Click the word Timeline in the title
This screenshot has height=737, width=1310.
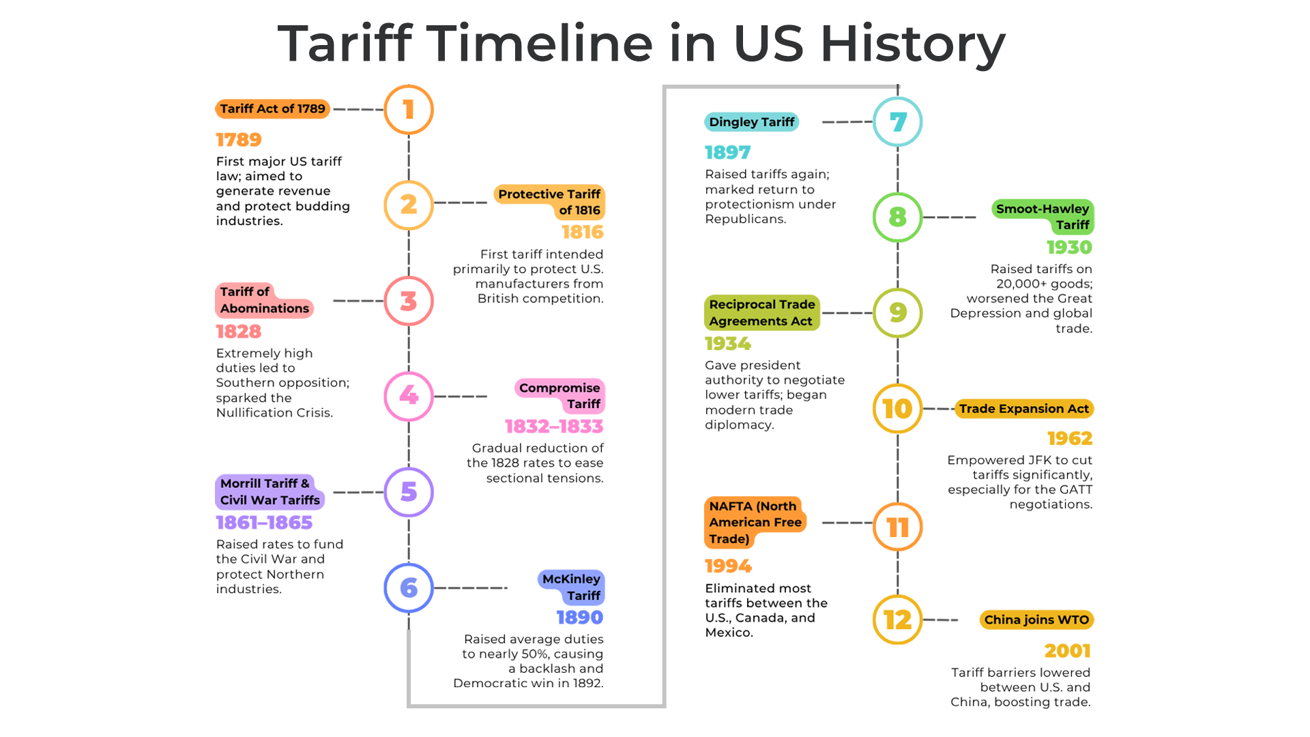pyautogui.click(x=540, y=43)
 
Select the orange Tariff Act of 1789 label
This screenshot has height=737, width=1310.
pyautogui.click(x=272, y=109)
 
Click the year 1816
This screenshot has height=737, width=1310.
pyautogui.click(x=583, y=232)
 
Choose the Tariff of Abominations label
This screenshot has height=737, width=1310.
pyautogui.click(x=264, y=300)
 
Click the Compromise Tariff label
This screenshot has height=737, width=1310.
pyautogui.click(x=559, y=396)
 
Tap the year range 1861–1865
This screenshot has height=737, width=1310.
pyautogui.click(x=264, y=523)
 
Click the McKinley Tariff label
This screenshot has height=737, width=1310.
pyautogui.click(x=571, y=588)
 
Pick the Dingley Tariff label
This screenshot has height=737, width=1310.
pyautogui.click(x=751, y=122)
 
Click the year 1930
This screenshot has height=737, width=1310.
pyautogui.click(x=1070, y=247)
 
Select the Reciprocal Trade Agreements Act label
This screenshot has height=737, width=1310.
pyautogui.click(x=762, y=313)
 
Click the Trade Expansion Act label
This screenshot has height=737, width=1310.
pyautogui.click(x=1024, y=409)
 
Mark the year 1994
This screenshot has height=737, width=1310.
pyautogui.click(x=728, y=566)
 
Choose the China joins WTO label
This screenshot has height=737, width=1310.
pyautogui.click(x=1036, y=620)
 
